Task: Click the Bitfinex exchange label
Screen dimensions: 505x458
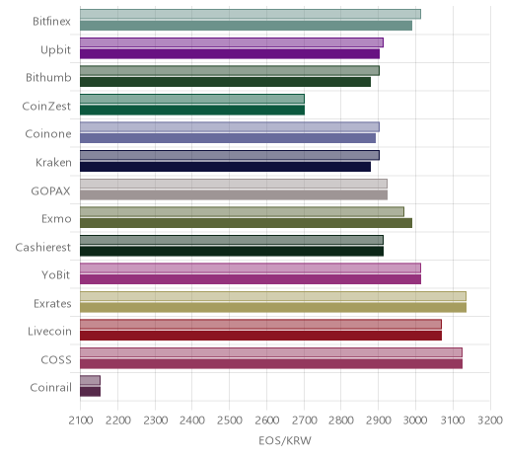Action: click(51, 22)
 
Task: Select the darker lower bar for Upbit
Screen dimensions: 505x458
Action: click(230, 53)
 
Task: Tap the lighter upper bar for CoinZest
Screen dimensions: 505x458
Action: click(192, 99)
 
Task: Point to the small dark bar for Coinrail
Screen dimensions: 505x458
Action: click(90, 392)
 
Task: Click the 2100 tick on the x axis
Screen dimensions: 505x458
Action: click(81, 420)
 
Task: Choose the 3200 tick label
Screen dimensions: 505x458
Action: click(490, 420)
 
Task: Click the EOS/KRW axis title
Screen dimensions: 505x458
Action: click(285, 441)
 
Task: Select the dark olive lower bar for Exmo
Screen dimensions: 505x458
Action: click(246, 223)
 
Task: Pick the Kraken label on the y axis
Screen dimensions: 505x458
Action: click(53, 163)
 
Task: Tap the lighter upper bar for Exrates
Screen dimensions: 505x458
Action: click(273, 296)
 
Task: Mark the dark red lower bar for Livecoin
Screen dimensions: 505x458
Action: click(260, 336)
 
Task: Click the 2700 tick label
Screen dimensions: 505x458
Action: click(304, 420)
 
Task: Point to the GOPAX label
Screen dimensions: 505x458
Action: click(50, 191)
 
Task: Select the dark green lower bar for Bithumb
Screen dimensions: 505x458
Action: click(225, 82)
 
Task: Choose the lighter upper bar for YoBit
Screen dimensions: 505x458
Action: click(251, 267)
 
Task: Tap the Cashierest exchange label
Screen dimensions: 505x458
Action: click(42, 248)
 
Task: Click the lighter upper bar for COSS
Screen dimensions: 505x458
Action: click(271, 352)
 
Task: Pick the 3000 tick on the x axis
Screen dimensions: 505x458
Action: click(415, 420)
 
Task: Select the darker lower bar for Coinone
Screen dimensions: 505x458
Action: click(228, 138)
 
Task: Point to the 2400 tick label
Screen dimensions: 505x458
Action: click(192, 420)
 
